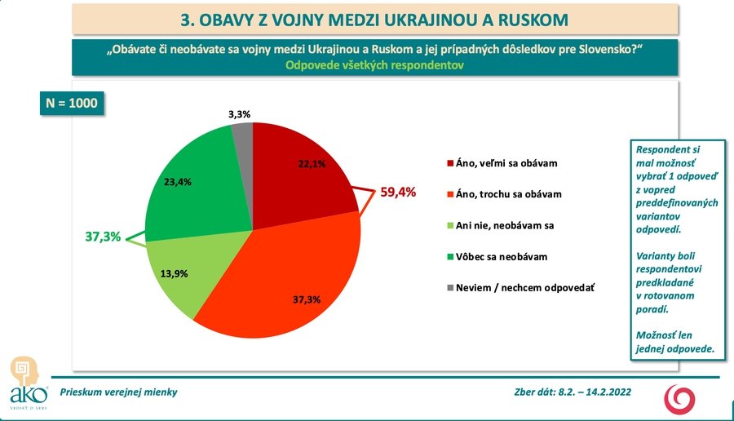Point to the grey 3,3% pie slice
pos(243,135)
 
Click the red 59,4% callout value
pos(398,193)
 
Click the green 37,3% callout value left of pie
pos(103,237)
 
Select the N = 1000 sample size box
pos(73,104)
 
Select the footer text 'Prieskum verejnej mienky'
pos(116,392)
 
